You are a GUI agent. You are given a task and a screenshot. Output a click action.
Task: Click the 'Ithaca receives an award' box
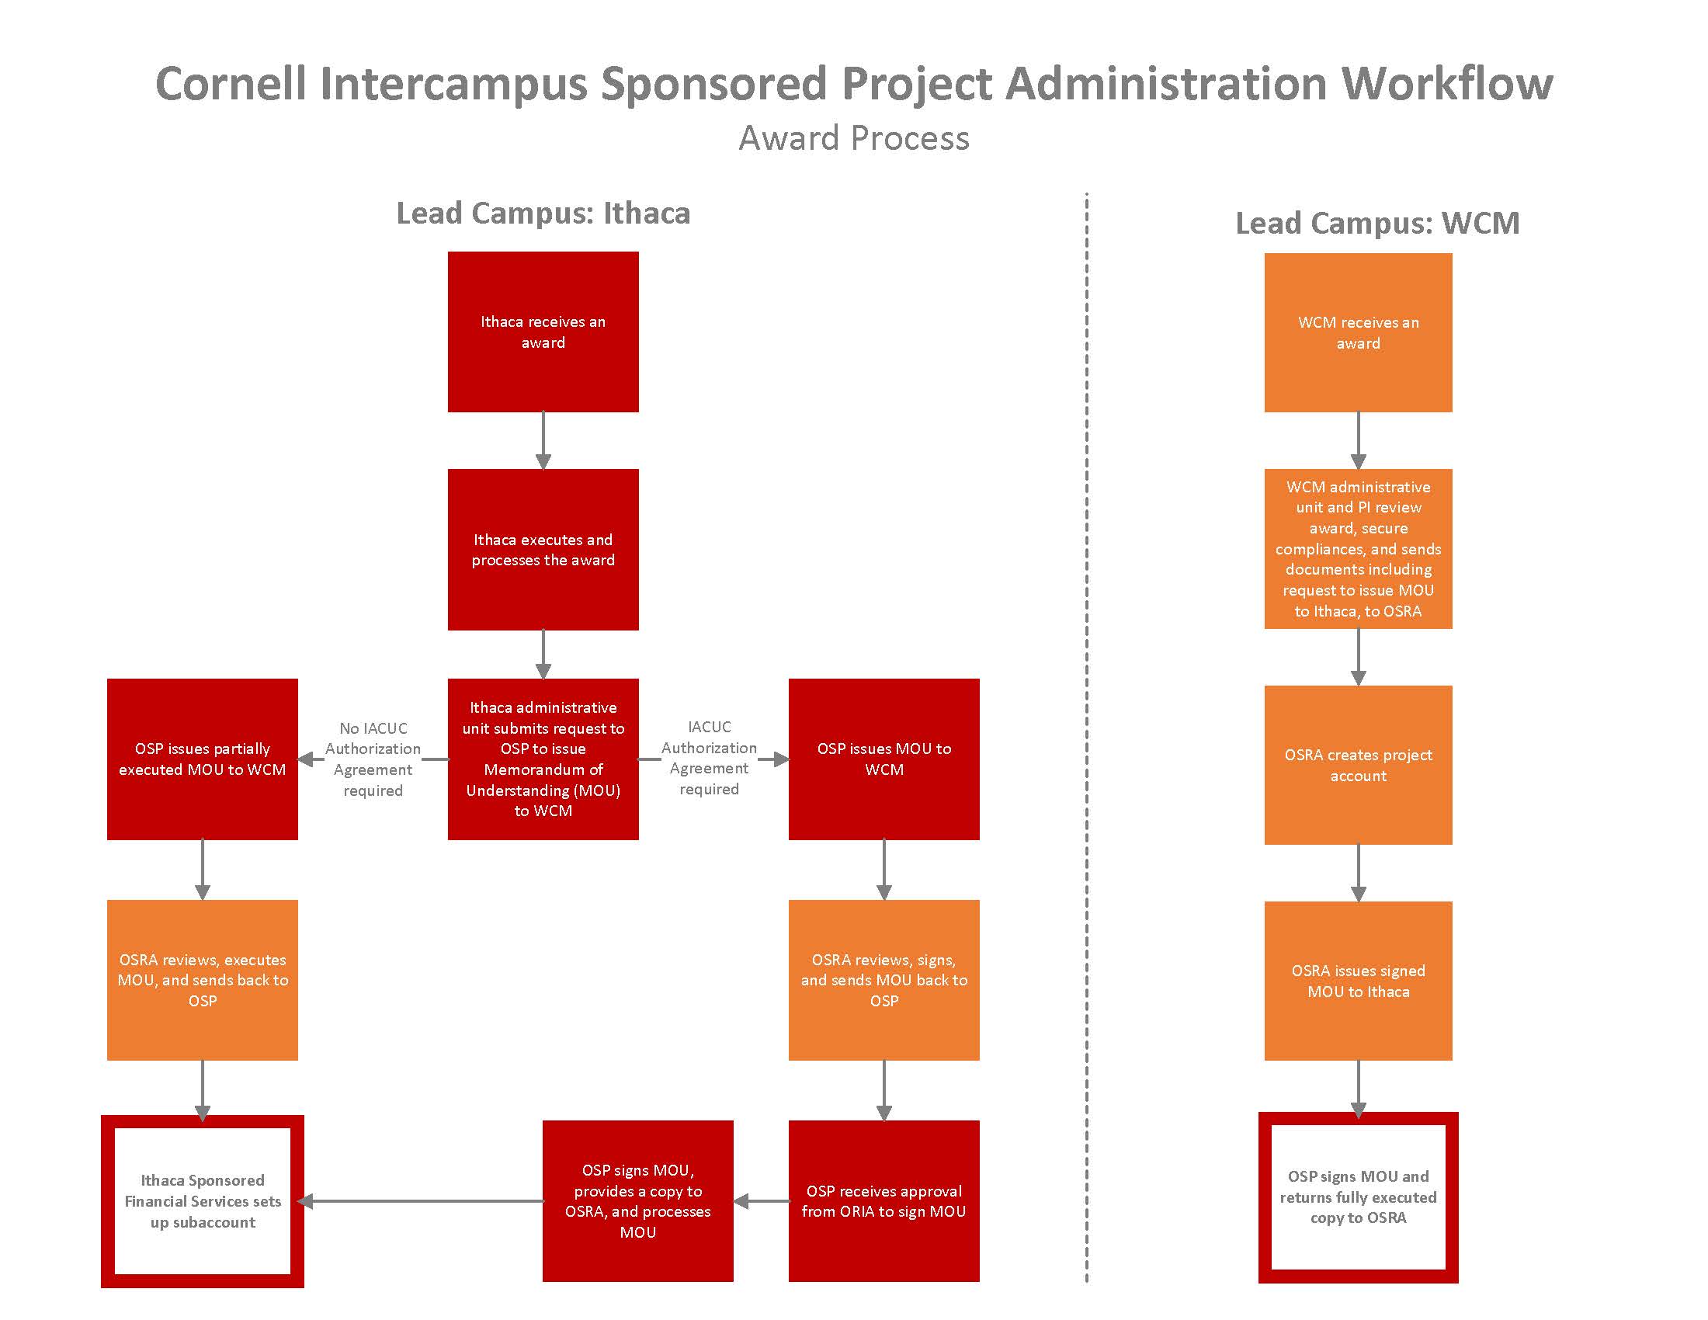[x=543, y=332]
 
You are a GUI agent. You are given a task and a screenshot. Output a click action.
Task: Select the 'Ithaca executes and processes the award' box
[x=543, y=549]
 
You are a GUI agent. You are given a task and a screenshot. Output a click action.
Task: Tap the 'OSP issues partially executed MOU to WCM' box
[x=202, y=759]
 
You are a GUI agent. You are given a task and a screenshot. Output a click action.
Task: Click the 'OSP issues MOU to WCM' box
[x=884, y=759]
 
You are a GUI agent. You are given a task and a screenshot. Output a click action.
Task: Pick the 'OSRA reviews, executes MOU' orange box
[x=202, y=980]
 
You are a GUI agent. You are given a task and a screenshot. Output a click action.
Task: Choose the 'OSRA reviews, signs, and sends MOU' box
[x=884, y=980]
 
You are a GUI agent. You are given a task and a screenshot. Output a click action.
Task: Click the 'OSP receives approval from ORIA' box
[x=884, y=1200]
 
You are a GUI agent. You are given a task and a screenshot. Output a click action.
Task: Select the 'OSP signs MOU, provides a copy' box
[x=637, y=1200]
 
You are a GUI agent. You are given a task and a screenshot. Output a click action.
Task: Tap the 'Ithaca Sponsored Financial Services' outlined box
[x=202, y=1200]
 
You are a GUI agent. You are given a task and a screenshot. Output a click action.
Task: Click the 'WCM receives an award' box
[x=1358, y=332]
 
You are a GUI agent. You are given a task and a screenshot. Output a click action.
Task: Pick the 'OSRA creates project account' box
[x=1358, y=765]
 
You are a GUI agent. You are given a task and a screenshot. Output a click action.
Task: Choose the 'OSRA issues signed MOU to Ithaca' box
[x=1358, y=981]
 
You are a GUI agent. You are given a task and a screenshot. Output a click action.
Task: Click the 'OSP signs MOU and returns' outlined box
[x=1358, y=1197]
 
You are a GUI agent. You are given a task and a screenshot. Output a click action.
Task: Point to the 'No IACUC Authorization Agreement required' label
[x=373, y=759]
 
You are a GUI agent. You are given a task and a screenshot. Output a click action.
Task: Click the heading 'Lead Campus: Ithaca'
[x=543, y=213]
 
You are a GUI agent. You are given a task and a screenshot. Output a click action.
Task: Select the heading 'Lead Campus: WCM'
[x=1376, y=223]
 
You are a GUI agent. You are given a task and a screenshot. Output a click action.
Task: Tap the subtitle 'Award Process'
[x=854, y=138]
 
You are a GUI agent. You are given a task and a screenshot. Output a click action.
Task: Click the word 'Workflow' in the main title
[x=1447, y=83]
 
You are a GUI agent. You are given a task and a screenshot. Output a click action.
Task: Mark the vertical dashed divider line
[x=1086, y=703]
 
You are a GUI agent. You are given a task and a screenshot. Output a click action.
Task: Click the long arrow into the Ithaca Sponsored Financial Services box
[x=422, y=1201]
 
